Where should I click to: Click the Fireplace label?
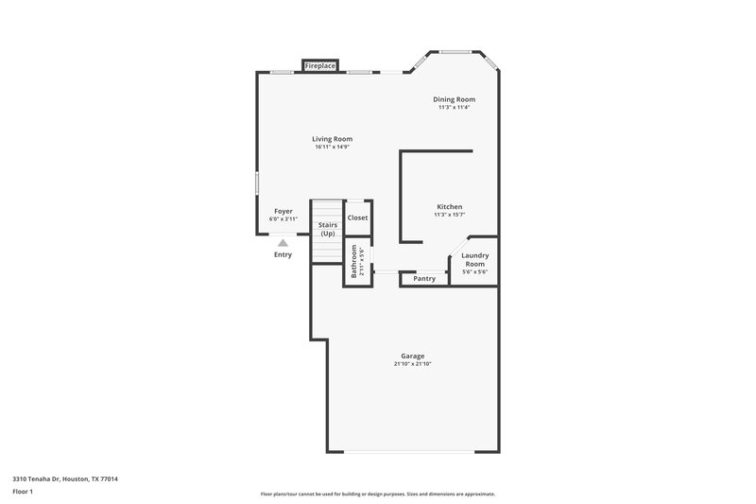[320, 65]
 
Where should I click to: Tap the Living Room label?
[333, 139]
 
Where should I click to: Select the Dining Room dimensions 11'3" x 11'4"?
[454, 107]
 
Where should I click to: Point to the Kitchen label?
[449, 207]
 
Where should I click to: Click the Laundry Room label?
[473, 259]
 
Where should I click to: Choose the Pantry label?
[424, 279]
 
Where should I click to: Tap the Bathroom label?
[354, 261]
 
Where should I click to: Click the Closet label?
[357, 217]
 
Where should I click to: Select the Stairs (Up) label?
[327, 229]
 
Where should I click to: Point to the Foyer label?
[283, 211]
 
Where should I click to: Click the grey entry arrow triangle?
[283, 243]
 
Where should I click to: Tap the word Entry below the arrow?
[283, 254]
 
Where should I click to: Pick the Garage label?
[412, 356]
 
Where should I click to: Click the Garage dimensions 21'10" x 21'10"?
[412, 364]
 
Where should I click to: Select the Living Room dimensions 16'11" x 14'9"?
[333, 147]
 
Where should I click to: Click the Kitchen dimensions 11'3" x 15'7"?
[449, 215]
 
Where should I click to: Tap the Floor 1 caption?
[23, 493]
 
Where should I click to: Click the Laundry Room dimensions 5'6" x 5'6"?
[473, 272]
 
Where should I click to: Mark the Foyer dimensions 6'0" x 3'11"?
[283, 218]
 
